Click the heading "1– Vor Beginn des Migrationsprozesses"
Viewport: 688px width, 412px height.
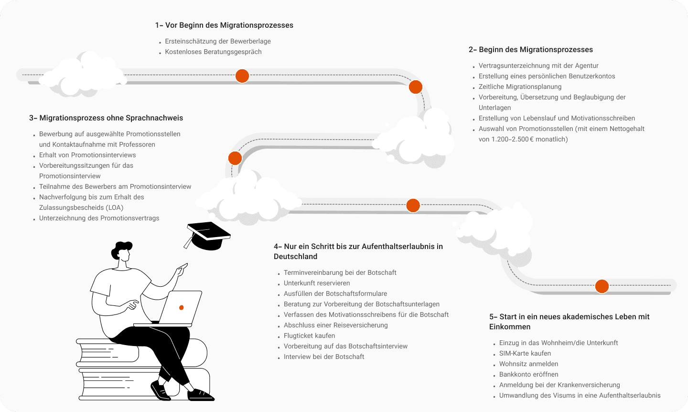click(224, 25)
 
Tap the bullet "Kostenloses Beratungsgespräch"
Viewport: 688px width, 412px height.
click(213, 52)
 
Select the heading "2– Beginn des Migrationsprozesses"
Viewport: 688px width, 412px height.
click(530, 50)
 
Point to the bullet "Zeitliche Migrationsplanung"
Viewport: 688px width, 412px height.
click(520, 87)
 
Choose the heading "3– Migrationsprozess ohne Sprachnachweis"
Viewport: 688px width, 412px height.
click(106, 118)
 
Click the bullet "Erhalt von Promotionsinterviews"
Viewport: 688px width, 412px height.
click(87, 155)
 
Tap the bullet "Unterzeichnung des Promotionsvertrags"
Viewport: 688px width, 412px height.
click(99, 218)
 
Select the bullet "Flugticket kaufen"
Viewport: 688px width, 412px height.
click(309, 336)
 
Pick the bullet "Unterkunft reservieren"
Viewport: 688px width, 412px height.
click(317, 283)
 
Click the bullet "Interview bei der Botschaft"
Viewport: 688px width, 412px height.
click(324, 357)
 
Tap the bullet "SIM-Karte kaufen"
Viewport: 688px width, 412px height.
click(525, 354)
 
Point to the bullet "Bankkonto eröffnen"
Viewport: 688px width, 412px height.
click(528, 375)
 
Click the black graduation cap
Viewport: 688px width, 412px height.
click(208, 235)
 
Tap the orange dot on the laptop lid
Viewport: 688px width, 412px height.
click(181, 307)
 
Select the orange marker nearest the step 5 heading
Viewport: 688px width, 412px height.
click(602, 286)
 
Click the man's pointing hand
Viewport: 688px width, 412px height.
click(182, 269)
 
